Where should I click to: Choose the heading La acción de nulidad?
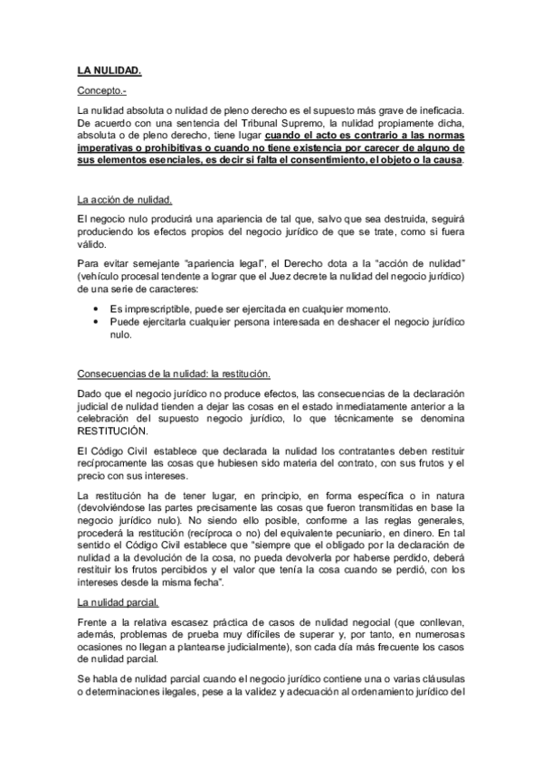124,199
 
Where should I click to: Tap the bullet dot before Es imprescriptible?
98,308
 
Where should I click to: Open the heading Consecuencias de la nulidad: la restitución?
174,373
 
